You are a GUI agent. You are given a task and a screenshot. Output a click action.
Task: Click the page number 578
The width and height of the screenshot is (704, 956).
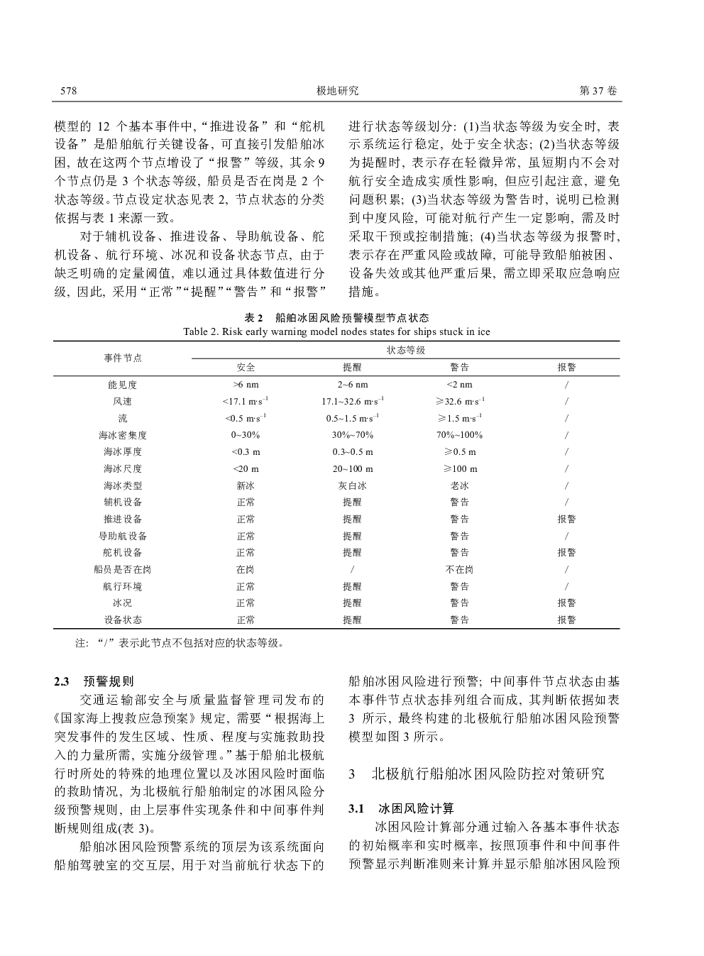click(68, 91)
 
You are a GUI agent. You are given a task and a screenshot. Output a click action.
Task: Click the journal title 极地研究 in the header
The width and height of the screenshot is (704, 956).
click(337, 91)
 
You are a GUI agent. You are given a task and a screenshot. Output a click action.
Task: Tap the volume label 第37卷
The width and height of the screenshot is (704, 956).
click(599, 91)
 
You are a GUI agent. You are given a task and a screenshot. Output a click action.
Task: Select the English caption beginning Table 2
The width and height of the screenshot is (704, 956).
click(336, 331)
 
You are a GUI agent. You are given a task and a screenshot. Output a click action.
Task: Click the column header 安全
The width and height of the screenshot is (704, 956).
click(246, 368)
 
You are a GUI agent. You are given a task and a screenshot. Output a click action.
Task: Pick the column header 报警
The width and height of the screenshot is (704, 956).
click(566, 368)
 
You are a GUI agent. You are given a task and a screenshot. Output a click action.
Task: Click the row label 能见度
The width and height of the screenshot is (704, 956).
click(123, 385)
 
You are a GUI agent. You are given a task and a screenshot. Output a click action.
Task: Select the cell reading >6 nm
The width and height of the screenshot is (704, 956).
click(246, 385)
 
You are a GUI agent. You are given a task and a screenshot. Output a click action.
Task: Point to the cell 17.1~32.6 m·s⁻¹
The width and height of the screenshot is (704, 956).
click(353, 402)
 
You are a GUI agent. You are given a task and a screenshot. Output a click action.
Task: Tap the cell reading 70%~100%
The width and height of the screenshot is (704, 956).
click(459, 435)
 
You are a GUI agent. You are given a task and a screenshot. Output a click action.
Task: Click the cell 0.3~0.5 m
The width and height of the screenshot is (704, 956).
click(353, 452)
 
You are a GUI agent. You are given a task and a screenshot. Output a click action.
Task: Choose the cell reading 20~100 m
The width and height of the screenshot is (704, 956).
click(353, 469)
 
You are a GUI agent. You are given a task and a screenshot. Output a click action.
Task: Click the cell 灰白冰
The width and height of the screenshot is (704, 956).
click(353, 486)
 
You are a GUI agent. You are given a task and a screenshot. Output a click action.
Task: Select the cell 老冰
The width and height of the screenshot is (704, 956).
click(459, 486)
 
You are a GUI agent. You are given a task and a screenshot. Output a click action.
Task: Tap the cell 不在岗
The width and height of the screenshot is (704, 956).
click(459, 569)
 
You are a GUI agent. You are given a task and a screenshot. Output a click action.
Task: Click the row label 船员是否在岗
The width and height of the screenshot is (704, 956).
click(123, 569)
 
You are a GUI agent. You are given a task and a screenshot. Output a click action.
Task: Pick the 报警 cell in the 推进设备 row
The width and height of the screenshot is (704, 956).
click(566, 519)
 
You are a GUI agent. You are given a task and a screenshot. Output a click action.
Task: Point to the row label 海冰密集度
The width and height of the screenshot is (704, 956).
click(123, 435)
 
